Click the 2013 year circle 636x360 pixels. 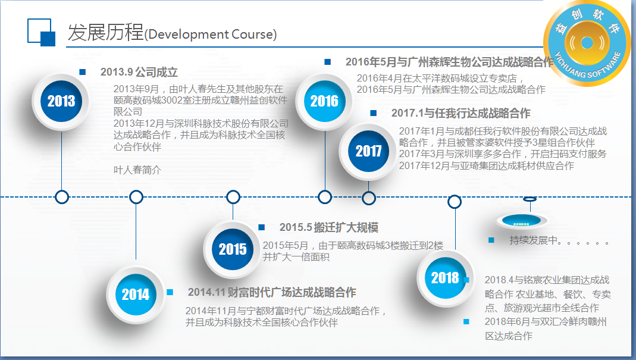(x=61, y=101)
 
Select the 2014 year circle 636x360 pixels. (x=136, y=295)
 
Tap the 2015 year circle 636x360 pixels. (x=233, y=249)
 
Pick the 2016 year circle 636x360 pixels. (x=324, y=101)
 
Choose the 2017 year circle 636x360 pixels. (x=368, y=151)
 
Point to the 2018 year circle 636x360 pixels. (x=445, y=278)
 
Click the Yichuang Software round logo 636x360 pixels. (x=587, y=43)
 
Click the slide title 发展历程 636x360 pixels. (x=105, y=33)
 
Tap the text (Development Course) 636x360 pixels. (x=211, y=35)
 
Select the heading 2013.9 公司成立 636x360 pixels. (x=139, y=72)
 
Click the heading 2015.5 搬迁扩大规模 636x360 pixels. (x=329, y=227)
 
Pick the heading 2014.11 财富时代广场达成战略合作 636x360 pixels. (x=272, y=292)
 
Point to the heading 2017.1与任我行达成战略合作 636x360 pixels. (x=460, y=113)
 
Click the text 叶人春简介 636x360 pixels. (x=137, y=170)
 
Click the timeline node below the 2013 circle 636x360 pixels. (x=62, y=197)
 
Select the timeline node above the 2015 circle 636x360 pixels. (x=233, y=197)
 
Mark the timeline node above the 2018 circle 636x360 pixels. (x=455, y=202)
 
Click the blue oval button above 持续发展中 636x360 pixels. (x=521, y=221)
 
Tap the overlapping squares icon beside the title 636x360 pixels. (x=42, y=32)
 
